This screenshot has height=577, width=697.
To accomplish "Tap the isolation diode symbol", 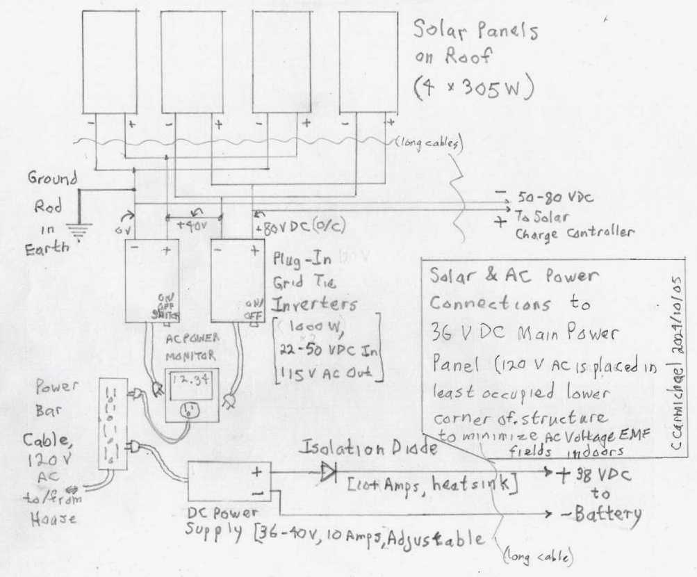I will pos(329,473).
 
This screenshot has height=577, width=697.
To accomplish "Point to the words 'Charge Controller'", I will pos(574,233).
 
